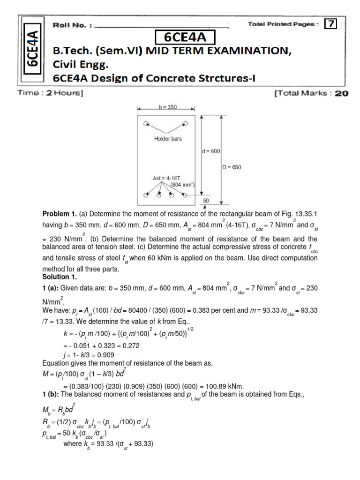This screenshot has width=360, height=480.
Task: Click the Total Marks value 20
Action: pos(341,93)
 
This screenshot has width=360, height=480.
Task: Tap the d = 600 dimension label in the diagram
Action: pos(210,151)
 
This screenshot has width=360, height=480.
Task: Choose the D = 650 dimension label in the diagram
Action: pos(232,167)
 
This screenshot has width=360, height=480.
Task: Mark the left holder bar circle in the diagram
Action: pos(146,123)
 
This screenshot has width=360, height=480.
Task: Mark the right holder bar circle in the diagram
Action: pos(186,123)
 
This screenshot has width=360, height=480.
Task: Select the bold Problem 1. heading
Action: pos(62,214)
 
